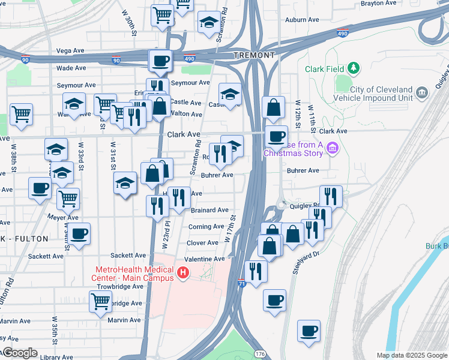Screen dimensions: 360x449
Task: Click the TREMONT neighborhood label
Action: pos(254,55)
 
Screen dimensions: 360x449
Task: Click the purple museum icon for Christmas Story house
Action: pos(334,148)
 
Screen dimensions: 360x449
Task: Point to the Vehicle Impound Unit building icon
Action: pos(421,92)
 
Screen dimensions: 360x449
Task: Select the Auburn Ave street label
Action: pos(301,19)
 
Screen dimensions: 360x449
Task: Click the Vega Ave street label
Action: pos(68,52)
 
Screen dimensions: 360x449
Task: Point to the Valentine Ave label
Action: pos(203,259)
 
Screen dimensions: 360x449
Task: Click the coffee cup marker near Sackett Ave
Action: pos(78,233)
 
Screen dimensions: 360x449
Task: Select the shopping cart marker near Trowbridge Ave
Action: pos(100,301)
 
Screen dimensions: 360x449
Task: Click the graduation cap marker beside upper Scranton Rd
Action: pos(208,23)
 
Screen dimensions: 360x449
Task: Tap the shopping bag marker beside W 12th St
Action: pos(273,108)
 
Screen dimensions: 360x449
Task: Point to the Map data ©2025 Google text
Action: pos(411,355)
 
